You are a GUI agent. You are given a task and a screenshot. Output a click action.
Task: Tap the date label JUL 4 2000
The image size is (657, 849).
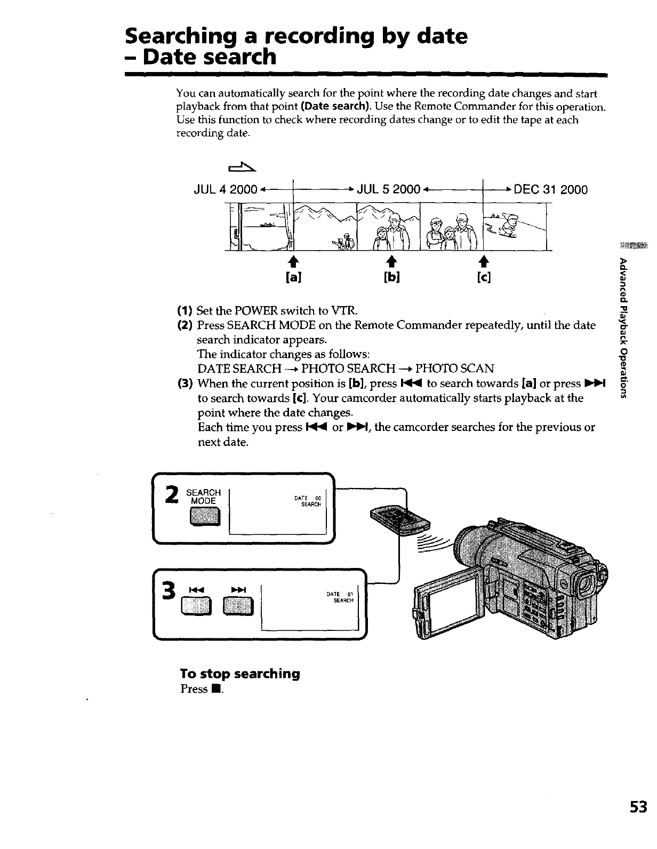click(x=227, y=190)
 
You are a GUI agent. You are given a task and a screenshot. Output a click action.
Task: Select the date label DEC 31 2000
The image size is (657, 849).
click(x=550, y=190)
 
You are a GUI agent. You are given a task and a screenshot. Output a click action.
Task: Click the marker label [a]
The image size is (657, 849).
click(x=293, y=277)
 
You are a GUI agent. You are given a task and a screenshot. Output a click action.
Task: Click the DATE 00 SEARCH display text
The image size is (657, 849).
click(x=308, y=501)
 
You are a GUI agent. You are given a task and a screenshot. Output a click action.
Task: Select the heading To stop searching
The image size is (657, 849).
click(x=240, y=674)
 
